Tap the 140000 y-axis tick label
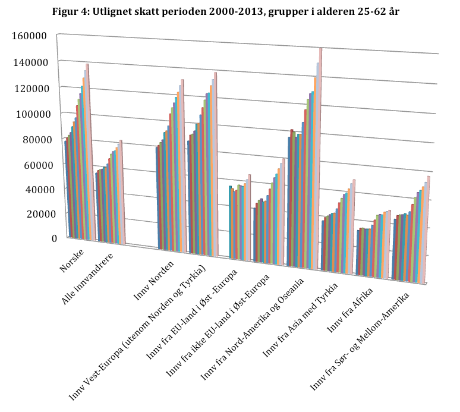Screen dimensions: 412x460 (30, 61)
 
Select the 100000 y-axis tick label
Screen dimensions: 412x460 (30, 114)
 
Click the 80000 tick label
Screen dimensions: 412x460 (32, 140)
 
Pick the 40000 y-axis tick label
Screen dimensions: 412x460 (32, 188)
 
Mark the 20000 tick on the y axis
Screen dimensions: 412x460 (32, 213)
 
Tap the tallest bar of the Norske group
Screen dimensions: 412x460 (87, 149)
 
